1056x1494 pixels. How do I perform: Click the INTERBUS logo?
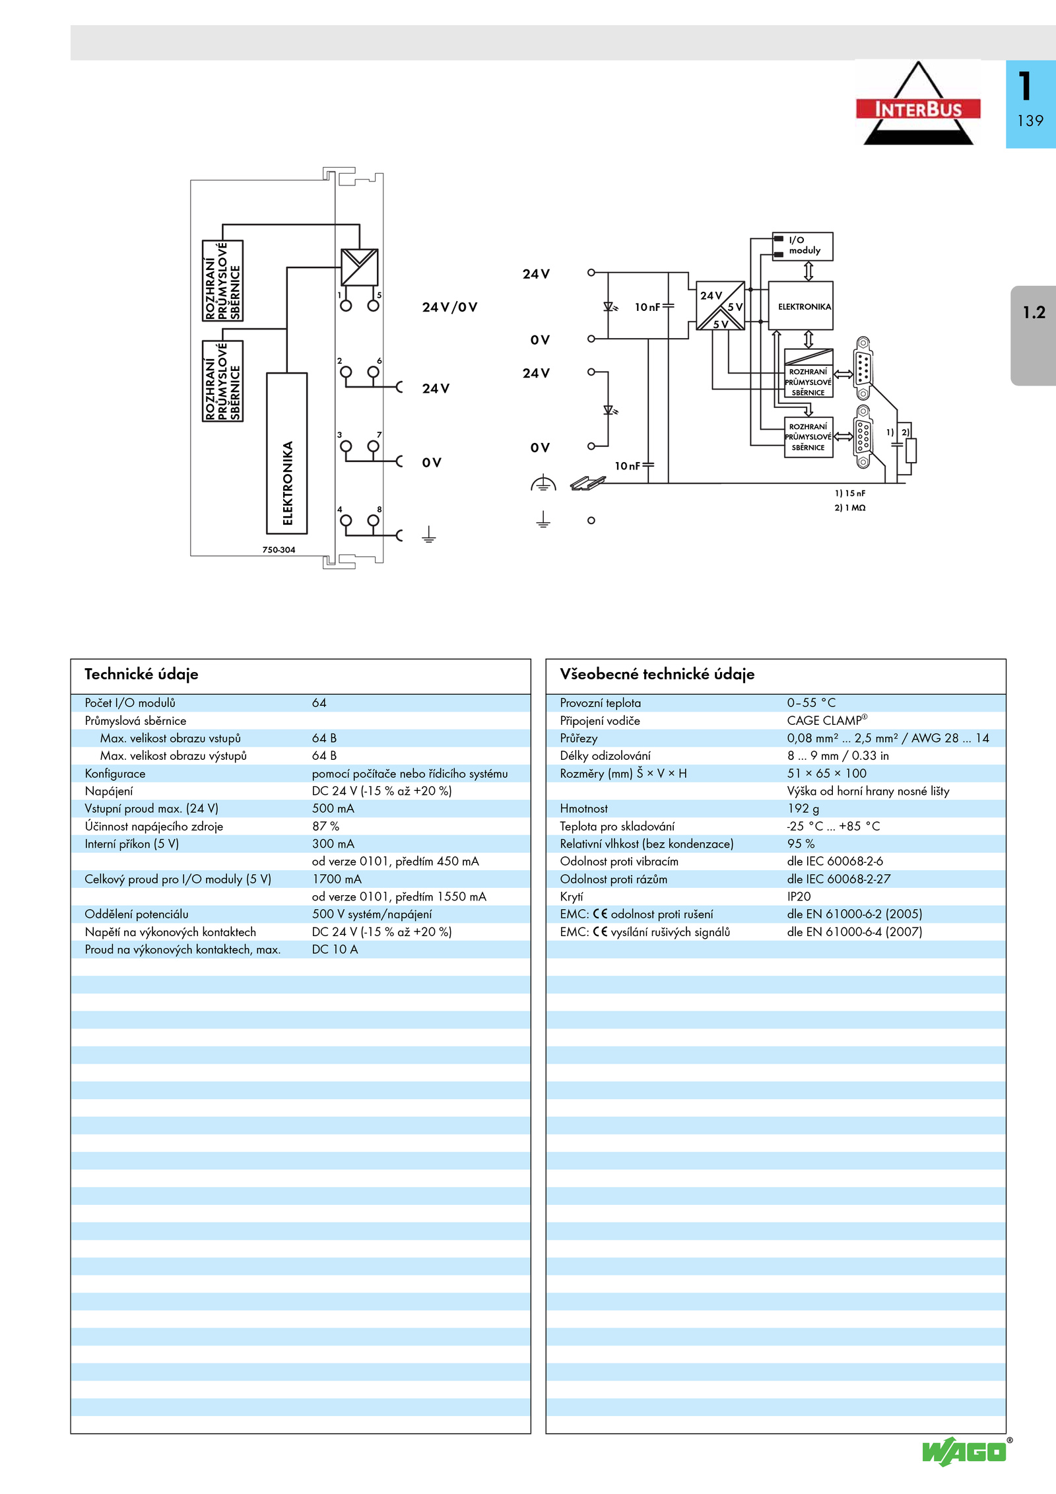918,104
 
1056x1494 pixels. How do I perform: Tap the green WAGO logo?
965,1452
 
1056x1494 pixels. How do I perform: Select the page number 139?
1030,121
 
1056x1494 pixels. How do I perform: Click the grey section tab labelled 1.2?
1033,335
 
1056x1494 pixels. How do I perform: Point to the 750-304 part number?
279,549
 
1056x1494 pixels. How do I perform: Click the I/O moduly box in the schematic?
803,246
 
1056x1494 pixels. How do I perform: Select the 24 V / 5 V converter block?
721,306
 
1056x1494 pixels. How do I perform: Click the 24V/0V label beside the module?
449,307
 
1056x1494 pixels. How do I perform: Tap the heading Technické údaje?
141,674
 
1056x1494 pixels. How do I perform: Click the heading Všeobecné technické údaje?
657,674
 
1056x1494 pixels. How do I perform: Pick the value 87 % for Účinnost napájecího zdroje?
325,826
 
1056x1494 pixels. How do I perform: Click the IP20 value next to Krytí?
799,897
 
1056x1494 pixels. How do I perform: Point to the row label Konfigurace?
115,774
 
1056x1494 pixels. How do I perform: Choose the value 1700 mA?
337,879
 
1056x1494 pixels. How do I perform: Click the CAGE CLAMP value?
827,720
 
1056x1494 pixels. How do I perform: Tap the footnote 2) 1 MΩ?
850,508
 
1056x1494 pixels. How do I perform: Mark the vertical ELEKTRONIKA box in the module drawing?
287,453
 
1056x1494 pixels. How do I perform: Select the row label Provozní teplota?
600,703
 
